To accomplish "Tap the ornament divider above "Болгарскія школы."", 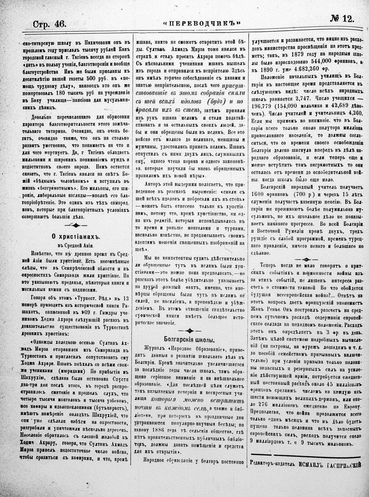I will pyautogui.click(x=190, y=330).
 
